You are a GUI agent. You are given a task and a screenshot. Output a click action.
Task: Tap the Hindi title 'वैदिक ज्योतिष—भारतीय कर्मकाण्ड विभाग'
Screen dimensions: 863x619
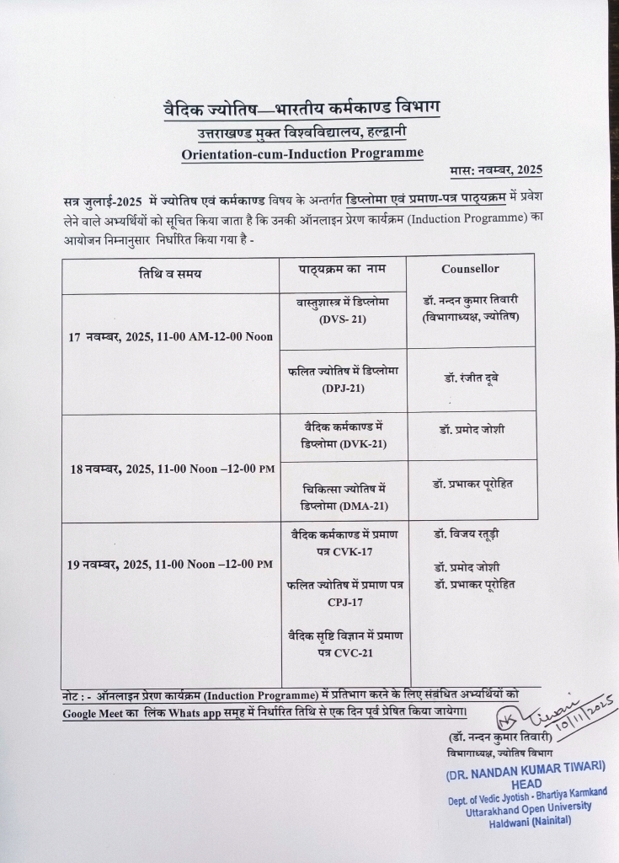(301, 109)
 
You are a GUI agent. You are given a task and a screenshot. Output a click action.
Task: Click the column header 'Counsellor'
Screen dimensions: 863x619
(470, 269)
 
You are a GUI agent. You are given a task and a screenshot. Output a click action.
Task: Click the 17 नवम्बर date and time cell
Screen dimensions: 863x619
(170, 336)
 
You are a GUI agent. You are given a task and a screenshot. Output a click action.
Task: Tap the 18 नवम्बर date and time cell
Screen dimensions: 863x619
(171, 471)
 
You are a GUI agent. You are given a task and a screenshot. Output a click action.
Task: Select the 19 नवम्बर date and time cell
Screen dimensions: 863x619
(170, 564)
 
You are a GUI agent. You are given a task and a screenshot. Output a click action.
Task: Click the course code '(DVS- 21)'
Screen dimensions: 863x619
(343, 319)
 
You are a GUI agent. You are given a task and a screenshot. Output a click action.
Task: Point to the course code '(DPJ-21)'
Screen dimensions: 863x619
(342, 388)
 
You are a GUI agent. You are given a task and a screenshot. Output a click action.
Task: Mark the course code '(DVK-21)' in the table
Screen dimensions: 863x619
(364, 443)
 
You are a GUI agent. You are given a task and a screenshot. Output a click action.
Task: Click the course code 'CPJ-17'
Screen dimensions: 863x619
(343, 602)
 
